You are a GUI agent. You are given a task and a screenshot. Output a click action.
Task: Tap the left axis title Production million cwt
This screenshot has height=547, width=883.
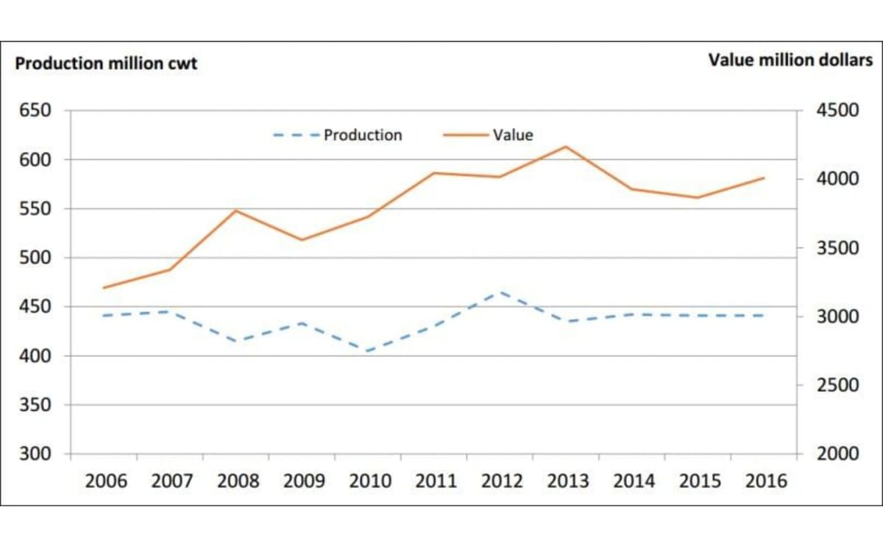(x=106, y=64)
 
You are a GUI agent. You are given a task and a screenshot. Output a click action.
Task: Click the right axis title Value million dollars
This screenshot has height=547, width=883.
(x=790, y=60)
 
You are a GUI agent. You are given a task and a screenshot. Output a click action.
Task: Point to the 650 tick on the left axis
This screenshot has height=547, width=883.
(x=35, y=111)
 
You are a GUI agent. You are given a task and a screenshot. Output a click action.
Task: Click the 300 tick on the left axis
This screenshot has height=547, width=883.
(x=35, y=454)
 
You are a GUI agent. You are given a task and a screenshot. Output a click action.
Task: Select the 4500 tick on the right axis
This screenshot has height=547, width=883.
(x=838, y=111)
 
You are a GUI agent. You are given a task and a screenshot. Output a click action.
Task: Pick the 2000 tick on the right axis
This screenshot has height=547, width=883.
(x=838, y=454)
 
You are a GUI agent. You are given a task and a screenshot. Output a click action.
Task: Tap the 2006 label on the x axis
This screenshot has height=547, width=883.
(x=106, y=482)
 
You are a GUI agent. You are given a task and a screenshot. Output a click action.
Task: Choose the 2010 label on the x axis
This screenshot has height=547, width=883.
(x=370, y=482)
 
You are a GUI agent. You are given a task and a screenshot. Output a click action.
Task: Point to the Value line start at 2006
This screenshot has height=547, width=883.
(x=104, y=288)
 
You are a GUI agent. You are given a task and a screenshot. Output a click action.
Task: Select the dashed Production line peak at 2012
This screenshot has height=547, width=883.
(x=500, y=292)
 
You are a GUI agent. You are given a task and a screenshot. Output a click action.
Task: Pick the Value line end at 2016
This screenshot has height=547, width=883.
(x=764, y=177)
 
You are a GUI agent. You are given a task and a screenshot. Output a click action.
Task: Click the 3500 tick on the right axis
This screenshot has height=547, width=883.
(x=838, y=248)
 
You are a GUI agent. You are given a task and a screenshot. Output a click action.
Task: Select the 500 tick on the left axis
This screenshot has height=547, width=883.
(x=35, y=258)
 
